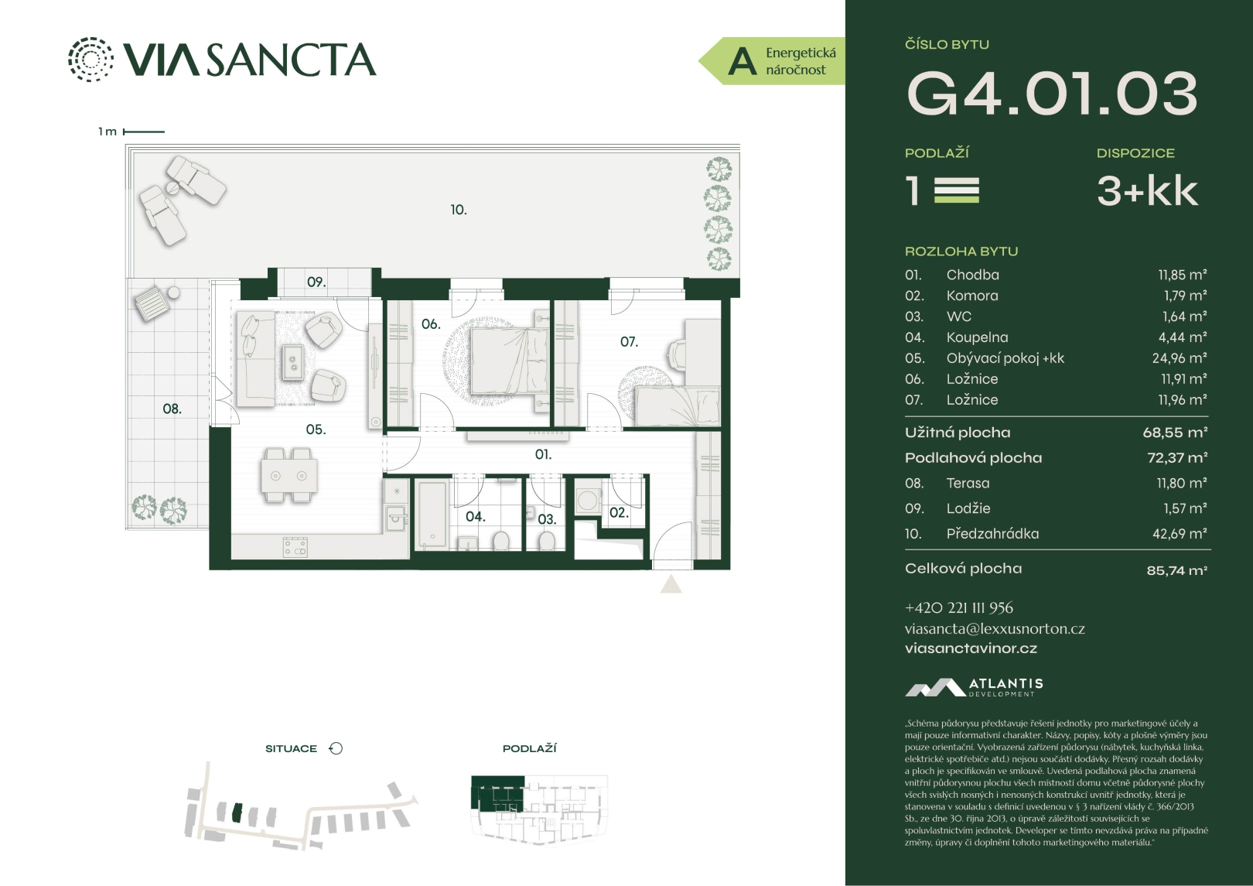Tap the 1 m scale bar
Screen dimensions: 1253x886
pyautogui.click(x=144, y=132)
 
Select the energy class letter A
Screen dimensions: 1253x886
pyautogui.click(x=743, y=62)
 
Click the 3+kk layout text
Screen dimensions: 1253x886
pyautogui.click(x=1147, y=191)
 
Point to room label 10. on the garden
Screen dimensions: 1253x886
pyautogui.click(x=459, y=210)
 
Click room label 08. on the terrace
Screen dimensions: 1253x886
pyautogui.click(x=172, y=409)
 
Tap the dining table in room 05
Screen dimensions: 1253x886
pyautogui.click(x=288, y=475)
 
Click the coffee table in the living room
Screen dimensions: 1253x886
pyautogui.click(x=292, y=362)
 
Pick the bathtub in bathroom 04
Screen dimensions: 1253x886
pyautogui.click(x=432, y=513)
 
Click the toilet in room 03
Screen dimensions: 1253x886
pyautogui.click(x=547, y=540)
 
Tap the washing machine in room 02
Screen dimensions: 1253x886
pyautogui.click(x=588, y=500)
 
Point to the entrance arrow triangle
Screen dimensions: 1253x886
pyautogui.click(x=671, y=585)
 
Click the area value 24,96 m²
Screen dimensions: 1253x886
pyautogui.click(x=1180, y=358)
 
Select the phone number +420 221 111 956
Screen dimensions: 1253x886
pyautogui.click(x=959, y=608)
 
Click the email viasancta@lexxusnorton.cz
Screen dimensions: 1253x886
pyautogui.click(x=995, y=628)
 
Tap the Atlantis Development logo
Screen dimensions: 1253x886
pyautogui.click(x=974, y=688)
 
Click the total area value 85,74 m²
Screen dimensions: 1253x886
pyautogui.click(x=1177, y=570)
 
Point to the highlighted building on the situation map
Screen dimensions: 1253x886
pyautogui.click(x=237, y=813)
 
